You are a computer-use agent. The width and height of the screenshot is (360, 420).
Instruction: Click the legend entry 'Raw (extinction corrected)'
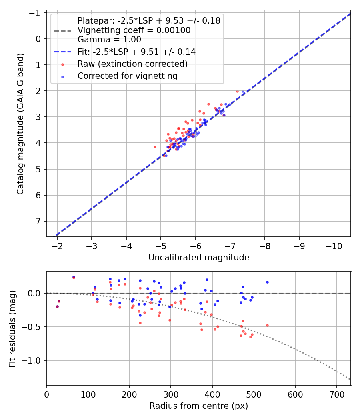pos(132,64)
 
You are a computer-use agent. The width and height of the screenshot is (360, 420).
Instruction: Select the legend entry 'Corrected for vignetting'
pos(127,76)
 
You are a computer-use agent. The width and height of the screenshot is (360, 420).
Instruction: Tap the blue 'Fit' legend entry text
pos(136,52)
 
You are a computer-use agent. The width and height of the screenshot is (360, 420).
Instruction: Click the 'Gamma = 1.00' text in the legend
pos(109,40)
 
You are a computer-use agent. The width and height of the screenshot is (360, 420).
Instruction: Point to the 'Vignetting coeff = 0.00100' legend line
pos(134,30)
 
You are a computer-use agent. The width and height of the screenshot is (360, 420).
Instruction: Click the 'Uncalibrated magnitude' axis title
pos(199,258)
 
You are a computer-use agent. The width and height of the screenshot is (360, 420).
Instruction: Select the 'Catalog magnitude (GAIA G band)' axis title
pos(21,124)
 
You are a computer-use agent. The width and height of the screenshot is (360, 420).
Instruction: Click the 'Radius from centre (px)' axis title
pos(199,406)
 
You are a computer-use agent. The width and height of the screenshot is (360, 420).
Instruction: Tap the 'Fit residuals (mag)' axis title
pos(12,328)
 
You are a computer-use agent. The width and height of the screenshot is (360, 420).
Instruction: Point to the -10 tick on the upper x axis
pos(334,245)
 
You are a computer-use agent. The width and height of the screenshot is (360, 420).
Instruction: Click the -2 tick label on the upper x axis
pos(57,245)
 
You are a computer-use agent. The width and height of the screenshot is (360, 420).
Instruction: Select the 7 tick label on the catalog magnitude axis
pos(39,221)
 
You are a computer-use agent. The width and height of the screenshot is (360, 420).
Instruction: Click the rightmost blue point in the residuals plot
pos(267,282)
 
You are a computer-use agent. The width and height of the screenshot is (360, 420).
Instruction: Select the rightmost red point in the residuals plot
pos(267,325)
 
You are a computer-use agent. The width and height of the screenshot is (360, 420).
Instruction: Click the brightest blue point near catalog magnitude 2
pos(243,91)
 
